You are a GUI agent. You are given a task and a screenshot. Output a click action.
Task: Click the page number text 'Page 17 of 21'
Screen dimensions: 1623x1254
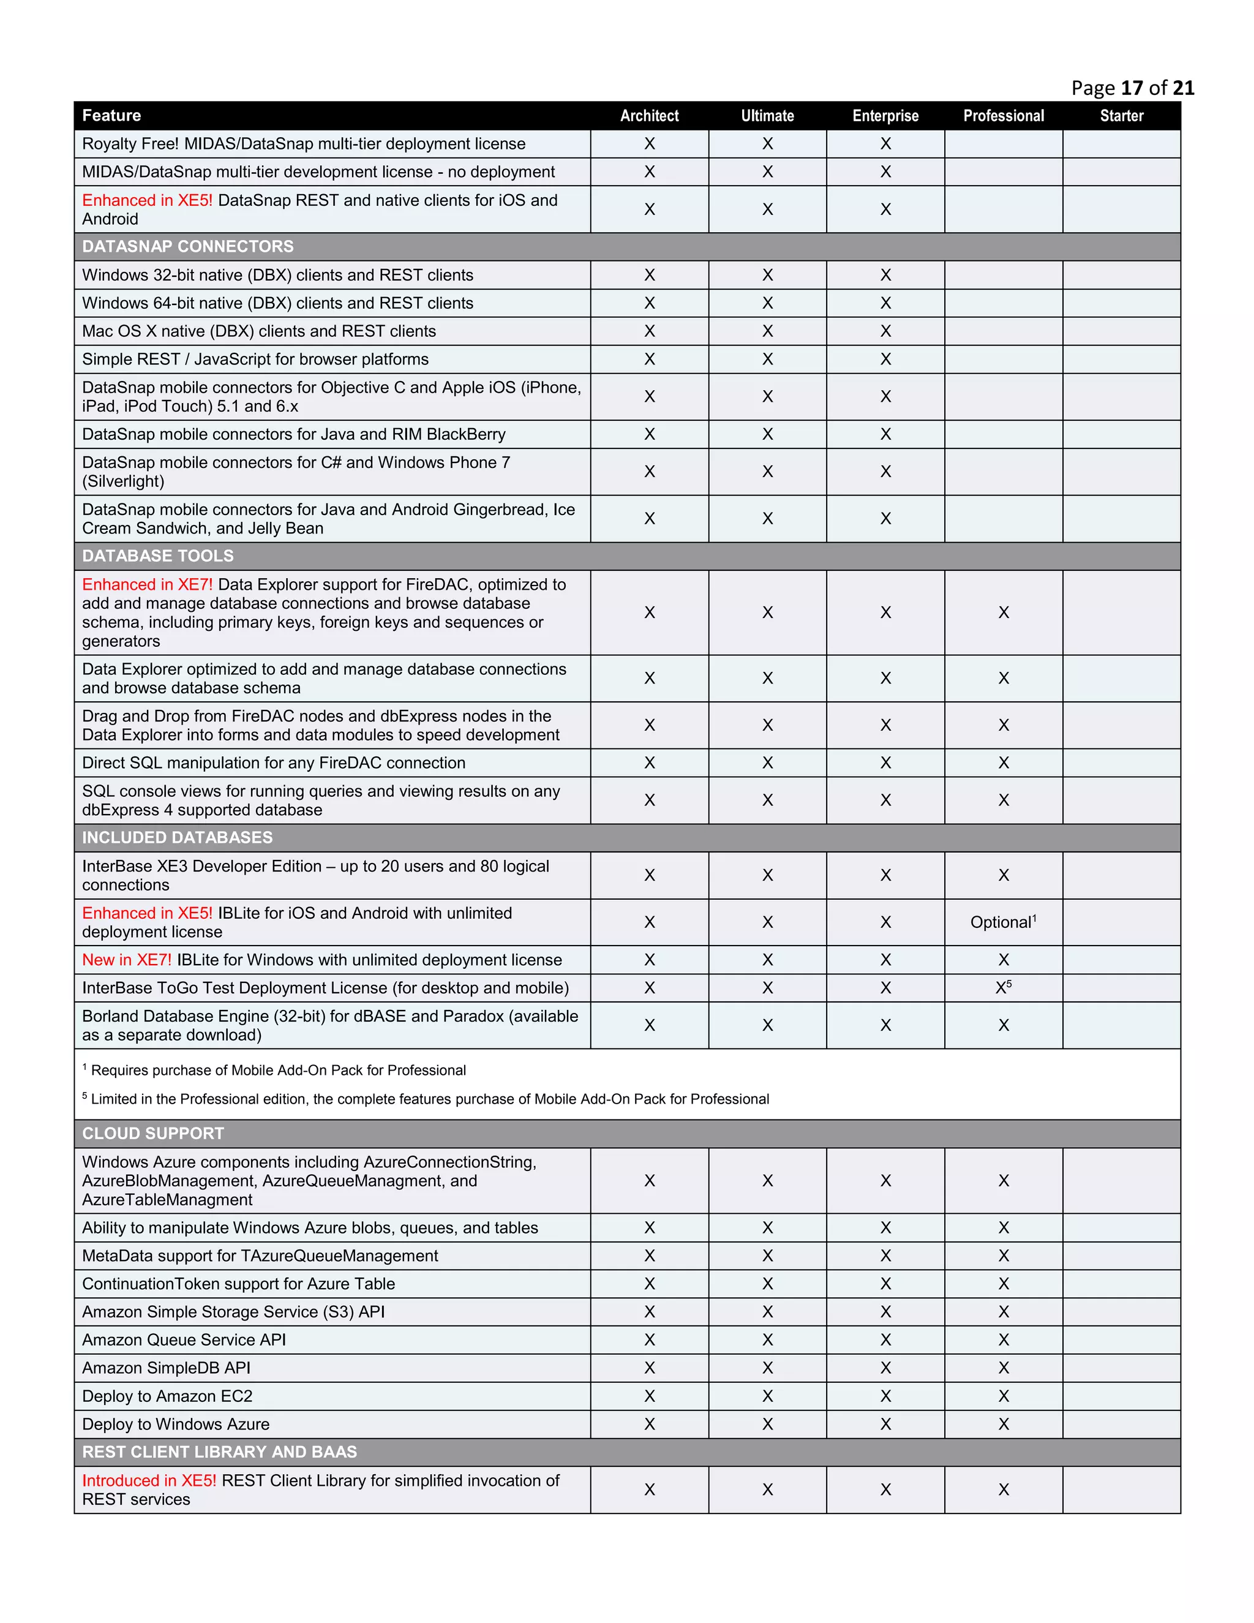(1132, 88)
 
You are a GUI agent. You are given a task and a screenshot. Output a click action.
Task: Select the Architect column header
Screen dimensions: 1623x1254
(649, 116)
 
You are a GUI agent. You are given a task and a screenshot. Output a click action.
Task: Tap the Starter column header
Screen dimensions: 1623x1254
(1121, 116)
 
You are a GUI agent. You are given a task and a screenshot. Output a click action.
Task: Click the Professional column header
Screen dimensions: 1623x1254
(1003, 116)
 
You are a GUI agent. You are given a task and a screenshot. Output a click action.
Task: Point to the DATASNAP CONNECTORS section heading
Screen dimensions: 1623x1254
(188, 247)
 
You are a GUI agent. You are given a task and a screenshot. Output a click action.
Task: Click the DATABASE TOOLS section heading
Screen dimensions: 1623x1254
(157, 556)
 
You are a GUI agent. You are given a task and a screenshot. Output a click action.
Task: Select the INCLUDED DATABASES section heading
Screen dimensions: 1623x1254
(177, 837)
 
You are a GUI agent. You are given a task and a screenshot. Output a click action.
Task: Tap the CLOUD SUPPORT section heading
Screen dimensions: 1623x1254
(153, 1133)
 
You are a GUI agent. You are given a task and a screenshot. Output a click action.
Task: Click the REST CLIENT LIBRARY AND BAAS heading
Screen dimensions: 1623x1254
(219, 1452)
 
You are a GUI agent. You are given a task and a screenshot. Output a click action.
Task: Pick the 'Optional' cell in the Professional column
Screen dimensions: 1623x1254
(1003, 922)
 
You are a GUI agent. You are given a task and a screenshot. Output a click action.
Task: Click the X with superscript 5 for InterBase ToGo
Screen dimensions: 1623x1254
(1003, 988)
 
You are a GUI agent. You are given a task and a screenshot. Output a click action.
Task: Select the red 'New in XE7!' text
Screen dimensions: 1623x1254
(126, 960)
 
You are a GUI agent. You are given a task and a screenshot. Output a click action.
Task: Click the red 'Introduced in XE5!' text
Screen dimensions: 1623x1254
(149, 1480)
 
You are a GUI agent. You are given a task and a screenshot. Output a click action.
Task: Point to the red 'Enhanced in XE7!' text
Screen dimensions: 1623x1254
(147, 585)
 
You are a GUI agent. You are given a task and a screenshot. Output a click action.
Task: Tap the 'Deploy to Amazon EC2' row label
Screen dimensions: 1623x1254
(167, 1396)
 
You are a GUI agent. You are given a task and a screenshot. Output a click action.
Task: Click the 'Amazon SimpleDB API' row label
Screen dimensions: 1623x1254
(167, 1368)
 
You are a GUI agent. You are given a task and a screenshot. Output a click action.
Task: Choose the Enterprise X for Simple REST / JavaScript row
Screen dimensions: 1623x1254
(885, 360)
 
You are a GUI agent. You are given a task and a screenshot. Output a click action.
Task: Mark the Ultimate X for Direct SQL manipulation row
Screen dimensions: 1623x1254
(767, 763)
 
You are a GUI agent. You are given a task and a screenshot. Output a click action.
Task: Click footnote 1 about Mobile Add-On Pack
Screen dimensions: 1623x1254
(275, 1070)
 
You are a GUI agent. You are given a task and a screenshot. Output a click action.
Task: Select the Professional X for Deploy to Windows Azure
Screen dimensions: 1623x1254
(1003, 1425)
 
